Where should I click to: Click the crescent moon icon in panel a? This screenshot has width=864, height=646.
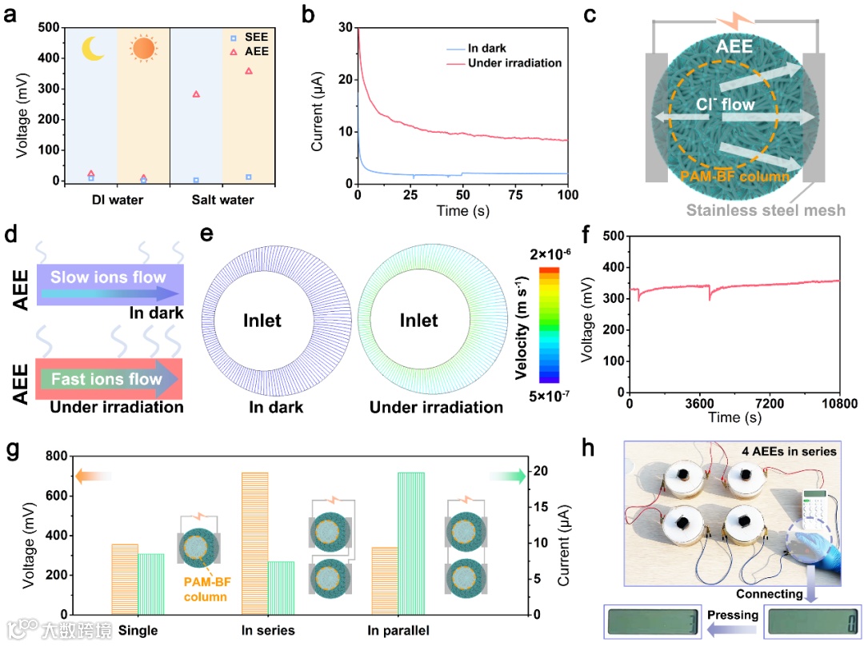tap(93, 50)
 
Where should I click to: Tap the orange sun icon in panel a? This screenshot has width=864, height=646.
tap(143, 50)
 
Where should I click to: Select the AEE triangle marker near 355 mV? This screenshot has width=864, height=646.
tap(249, 71)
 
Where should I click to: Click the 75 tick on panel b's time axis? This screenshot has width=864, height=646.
tap(515, 197)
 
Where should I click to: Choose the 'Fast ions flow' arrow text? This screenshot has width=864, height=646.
tap(101, 379)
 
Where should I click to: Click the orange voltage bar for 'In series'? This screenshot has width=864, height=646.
tap(255, 543)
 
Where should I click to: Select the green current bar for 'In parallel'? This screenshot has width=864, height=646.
tap(410, 543)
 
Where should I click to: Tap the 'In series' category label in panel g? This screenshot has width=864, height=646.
tap(268, 631)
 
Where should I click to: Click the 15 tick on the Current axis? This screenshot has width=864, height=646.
tap(541, 507)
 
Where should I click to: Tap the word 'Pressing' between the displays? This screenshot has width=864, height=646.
tap(732, 616)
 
